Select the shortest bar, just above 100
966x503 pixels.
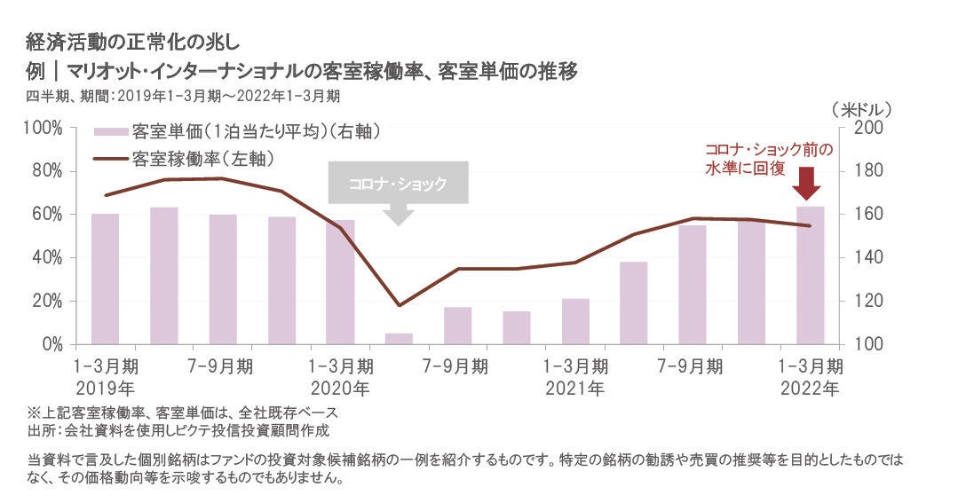click(x=399, y=339)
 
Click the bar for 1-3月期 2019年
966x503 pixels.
click(x=105, y=279)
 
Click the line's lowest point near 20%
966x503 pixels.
click(x=399, y=305)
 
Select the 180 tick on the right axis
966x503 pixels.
click(x=867, y=171)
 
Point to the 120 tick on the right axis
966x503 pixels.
click(x=867, y=302)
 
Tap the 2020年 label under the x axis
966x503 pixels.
click(x=339, y=388)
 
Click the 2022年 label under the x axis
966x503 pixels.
click(x=808, y=388)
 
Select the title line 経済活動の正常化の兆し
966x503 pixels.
click(x=132, y=41)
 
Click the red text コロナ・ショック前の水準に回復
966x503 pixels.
click(x=768, y=159)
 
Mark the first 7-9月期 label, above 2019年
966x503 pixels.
click(x=221, y=365)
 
